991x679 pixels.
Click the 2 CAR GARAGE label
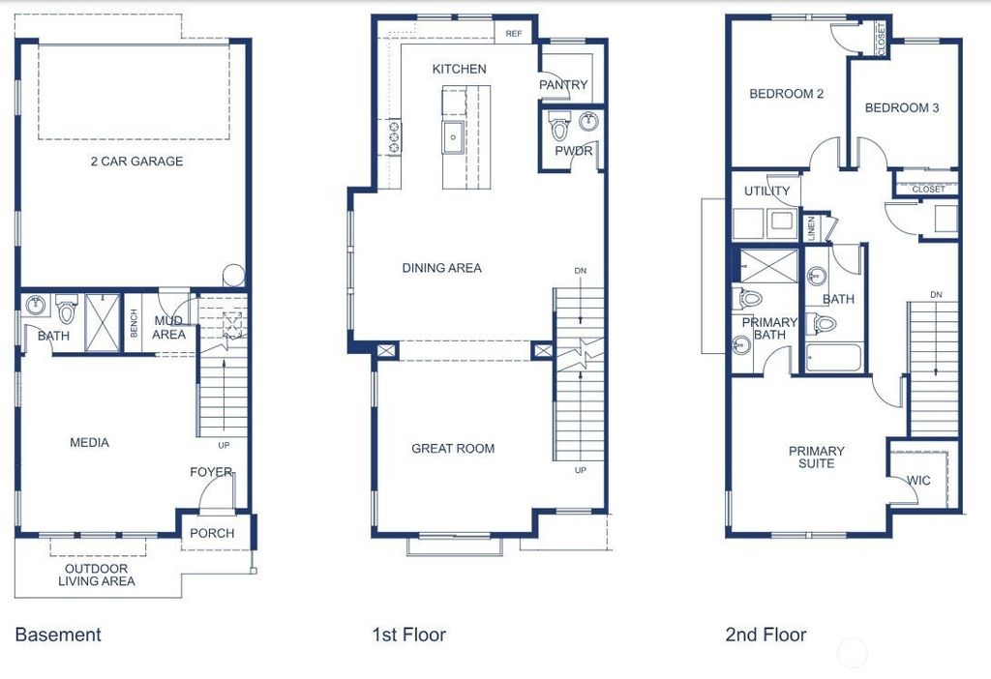click(x=136, y=162)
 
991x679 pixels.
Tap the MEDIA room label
click(x=89, y=443)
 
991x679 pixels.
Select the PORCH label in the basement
click(x=212, y=533)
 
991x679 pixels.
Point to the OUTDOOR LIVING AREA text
click(x=97, y=575)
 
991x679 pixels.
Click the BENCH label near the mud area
click(x=134, y=323)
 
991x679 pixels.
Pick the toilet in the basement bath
click(x=66, y=309)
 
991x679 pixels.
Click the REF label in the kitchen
click(x=514, y=34)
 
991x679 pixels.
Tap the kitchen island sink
click(x=453, y=137)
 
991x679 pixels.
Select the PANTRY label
click(x=563, y=85)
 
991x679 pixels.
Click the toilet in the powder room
click(x=559, y=126)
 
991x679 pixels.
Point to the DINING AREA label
click(x=441, y=268)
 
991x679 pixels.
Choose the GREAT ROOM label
click(x=453, y=449)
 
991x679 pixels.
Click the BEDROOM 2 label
click(x=786, y=94)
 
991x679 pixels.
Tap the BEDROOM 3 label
click(x=902, y=108)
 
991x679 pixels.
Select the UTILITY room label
click(x=766, y=191)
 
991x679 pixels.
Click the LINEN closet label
click(x=812, y=228)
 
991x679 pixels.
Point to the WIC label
click(x=918, y=481)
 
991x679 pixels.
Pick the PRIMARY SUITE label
click(x=816, y=458)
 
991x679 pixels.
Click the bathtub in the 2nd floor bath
click(x=833, y=358)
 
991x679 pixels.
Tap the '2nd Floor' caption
click(x=766, y=635)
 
